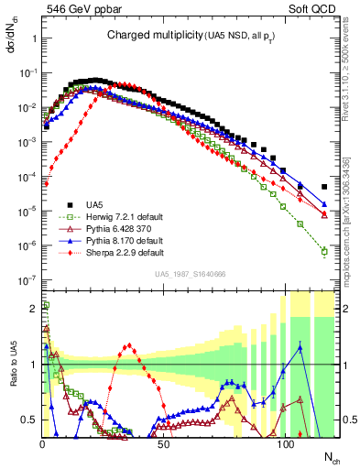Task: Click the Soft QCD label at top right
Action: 312,8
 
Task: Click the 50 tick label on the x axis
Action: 163,444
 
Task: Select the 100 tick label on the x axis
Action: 285,444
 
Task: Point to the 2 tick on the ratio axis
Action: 32,307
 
